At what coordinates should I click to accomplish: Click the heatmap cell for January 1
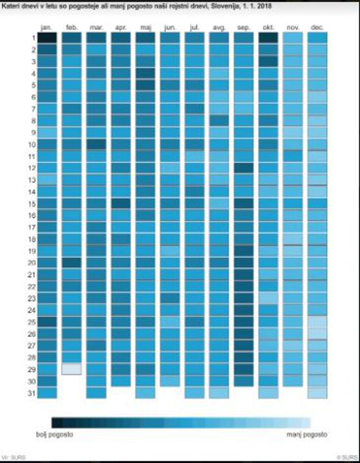click(47, 38)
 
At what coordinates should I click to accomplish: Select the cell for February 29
click(72, 369)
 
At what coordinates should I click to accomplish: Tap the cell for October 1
click(268, 38)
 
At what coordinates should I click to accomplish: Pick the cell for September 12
click(244, 168)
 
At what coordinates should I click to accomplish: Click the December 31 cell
click(317, 393)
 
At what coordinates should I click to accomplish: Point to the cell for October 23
click(268, 298)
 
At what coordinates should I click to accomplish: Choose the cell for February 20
click(72, 263)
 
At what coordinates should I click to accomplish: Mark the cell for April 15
click(121, 203)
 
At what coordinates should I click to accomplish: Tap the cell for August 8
click(219, 120)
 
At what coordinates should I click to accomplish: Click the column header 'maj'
click(145, 28)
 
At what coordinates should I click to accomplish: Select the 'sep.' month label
click(244, 28)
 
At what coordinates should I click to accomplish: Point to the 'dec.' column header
click(317, 28)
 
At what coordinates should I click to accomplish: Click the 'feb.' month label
click(72, 28)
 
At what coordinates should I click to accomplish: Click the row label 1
click(33, 38)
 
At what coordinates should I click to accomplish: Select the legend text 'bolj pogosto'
click(54, 435)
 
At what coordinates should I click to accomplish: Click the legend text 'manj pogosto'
click(307, 435)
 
